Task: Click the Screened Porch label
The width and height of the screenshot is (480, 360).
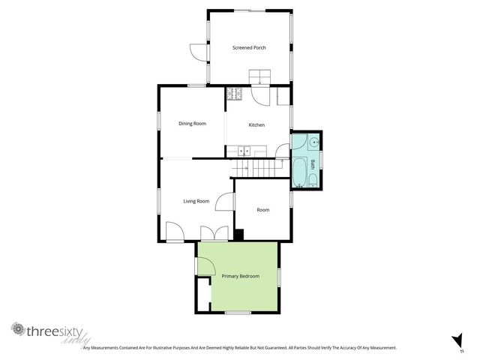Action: tap(250, 48)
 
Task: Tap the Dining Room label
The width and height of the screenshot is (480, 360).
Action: tap(192, 123)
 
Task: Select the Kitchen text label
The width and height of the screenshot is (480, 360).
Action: tap(256, 124)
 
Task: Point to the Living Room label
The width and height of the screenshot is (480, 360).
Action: tap(196, 201)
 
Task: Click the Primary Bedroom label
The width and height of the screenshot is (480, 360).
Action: tap(240, 277)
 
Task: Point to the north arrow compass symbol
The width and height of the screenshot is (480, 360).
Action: tap(455, 340)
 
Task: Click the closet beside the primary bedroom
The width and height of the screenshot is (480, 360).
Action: tap(203, 295)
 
